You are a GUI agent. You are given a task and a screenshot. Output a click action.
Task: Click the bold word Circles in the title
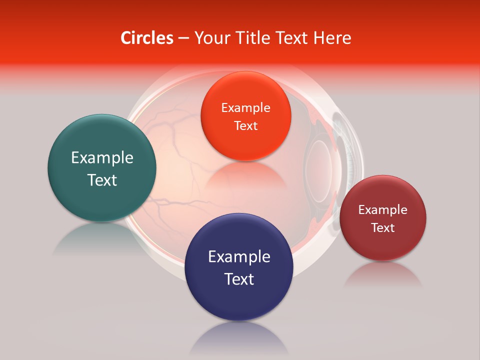pos(146,38)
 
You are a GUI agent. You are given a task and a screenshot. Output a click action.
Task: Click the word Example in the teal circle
pos(102,158)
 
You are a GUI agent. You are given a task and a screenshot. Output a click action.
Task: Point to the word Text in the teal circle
pos(102,180)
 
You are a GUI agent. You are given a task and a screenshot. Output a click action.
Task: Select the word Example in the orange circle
pos(245,107)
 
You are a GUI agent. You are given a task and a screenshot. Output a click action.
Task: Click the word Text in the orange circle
pos(245,125)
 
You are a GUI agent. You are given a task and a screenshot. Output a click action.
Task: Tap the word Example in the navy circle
pos(239,256)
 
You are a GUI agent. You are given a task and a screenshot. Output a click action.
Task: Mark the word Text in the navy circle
pos(239,279)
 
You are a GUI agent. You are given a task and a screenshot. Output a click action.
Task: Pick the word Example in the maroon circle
pos(382,210)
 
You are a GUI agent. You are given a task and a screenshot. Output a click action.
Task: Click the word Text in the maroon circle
pos(382,228)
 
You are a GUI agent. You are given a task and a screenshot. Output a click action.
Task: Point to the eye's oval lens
pos(318,165)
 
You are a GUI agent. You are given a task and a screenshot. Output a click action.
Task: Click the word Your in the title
pos(210,38)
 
